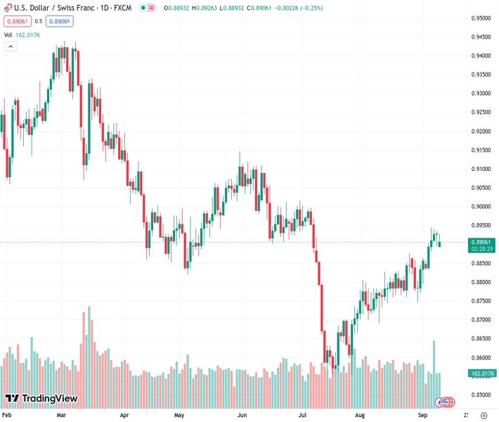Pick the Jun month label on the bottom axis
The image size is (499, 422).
click(242, 416)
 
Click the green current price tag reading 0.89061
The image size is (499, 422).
click(482, 241)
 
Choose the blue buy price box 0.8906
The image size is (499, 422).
click(60, 21)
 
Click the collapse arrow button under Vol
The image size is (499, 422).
click(11, 46)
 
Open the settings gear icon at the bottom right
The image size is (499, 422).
click(483, 416)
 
